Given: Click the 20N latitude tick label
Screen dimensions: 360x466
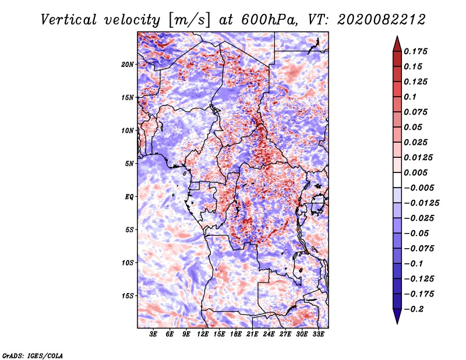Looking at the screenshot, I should [x=128, y=64].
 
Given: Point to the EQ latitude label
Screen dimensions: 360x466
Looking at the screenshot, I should [x=129, y=197].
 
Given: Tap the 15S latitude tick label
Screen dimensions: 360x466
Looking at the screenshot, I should [x=128, y=296].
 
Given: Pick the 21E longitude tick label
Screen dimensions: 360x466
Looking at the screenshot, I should [x=252, y=334].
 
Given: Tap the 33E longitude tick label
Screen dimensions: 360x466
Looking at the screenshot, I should [x=318, y=334].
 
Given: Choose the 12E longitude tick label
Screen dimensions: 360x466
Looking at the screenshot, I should [x=203, y=334].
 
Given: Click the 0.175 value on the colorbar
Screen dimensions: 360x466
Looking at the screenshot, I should [x=417, y=52].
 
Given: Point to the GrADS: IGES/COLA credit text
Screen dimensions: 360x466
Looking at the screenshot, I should [x=32, y=355].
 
